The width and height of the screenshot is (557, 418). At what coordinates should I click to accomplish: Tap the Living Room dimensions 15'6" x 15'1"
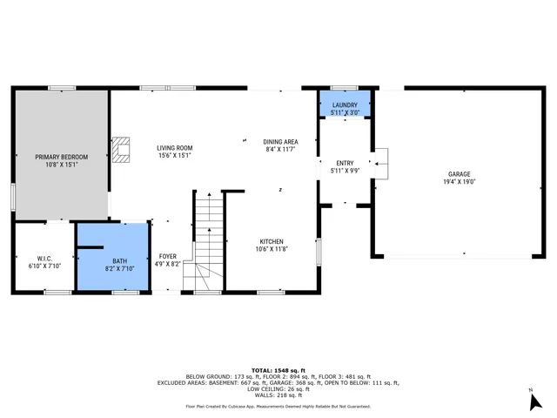coord(175,157)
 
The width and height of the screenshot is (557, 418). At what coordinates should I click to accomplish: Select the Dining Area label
coord(281,142)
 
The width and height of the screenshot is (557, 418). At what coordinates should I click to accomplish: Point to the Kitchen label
coord(272,241)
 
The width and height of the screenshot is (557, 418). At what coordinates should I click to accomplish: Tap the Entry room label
coord(345,163)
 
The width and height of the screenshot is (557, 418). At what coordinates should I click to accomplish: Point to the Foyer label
coord(167,257)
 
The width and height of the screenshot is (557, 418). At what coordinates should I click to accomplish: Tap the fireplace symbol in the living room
coord(121,150)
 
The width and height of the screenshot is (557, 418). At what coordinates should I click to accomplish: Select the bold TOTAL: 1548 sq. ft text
coord(278,370)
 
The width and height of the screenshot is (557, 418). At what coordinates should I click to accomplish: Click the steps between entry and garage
coord(380,163)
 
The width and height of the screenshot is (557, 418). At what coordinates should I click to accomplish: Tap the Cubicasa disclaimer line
coord(278,406)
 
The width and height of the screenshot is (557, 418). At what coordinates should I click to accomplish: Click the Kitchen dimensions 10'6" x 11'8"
coord(272,249)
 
